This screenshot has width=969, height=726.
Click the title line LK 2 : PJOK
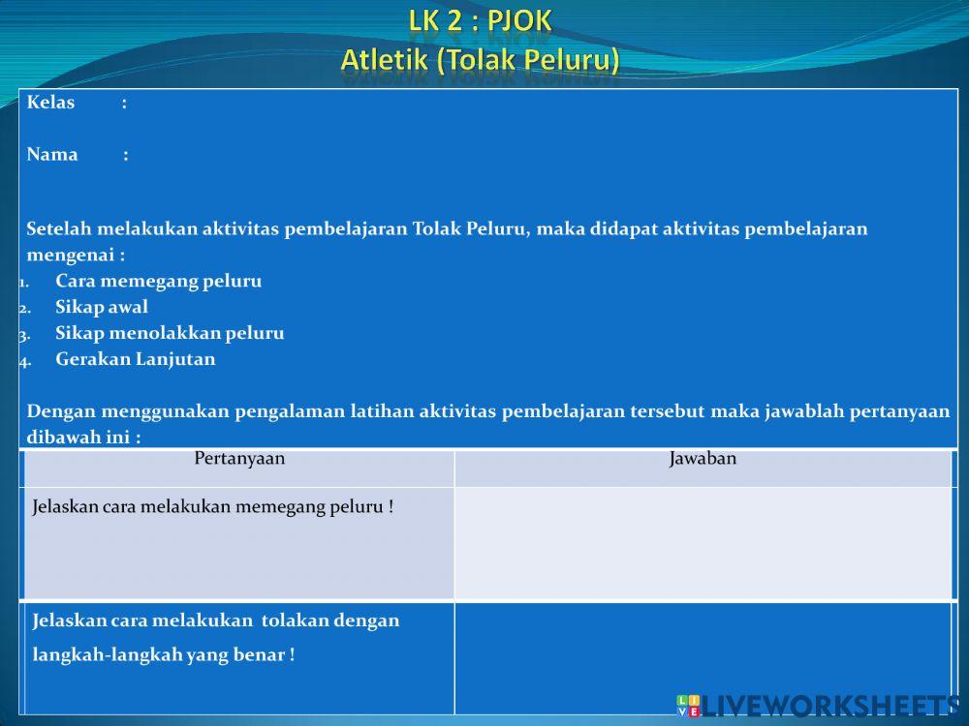[481, 21]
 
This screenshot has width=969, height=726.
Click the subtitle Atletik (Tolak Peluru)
[481, 60]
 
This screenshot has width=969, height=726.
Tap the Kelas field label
[50, 102]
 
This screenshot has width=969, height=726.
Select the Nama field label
[52, 154]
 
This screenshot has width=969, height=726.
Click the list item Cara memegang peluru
[159, 282]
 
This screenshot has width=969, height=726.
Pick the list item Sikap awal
[102, 308]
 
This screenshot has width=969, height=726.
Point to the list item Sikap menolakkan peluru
[170, 333]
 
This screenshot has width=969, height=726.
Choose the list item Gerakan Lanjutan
[136, 359]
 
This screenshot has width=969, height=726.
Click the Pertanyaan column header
[239, 458]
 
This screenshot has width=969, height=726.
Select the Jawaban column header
[703, 458]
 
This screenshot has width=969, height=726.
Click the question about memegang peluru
[212, 507]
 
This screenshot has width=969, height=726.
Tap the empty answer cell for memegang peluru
[703, 543]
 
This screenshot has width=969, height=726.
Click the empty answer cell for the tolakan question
[703, 658]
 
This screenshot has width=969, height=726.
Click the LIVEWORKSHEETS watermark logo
[818, 707]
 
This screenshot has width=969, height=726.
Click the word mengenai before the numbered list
[71, 256]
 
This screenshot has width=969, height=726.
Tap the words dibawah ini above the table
[78, 438]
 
